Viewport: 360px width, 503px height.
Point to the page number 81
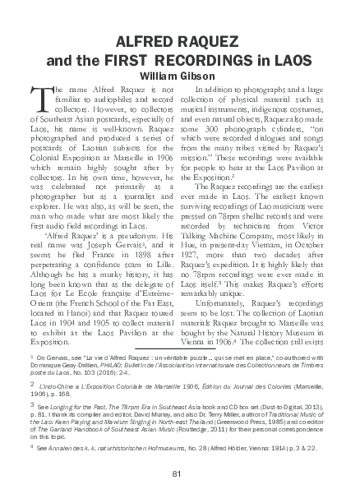178,472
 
